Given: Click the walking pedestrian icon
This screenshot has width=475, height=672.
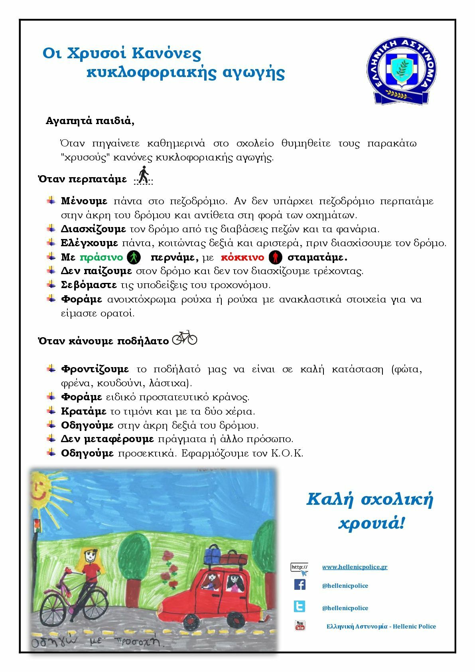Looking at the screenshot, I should [143, 176].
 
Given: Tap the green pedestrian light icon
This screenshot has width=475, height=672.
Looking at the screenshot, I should [134, 257].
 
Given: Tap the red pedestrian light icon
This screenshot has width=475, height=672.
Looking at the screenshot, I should [275, 257].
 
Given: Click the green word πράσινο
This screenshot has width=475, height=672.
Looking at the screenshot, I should [101, 257].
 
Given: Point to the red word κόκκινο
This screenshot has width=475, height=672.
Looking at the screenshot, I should [242, 257].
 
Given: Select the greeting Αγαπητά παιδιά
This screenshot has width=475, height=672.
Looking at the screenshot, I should [90, 121].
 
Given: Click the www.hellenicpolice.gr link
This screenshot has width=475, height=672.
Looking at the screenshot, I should [355, 567].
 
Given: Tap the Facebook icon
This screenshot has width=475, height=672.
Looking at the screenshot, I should [300, 585].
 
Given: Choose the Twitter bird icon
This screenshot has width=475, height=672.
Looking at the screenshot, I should [300, 607].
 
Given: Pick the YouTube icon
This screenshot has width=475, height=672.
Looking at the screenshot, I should [300, 625].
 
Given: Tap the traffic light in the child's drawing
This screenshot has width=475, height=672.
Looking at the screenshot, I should [37, 525].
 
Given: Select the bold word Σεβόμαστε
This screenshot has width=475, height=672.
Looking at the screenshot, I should [89, 285].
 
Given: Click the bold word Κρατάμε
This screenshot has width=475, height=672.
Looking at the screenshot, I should [83, 411].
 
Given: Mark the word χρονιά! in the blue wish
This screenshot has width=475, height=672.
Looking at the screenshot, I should [371, 522].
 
